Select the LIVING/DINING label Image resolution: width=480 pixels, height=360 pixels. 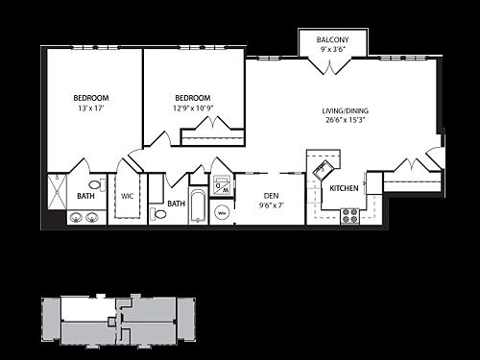pos(345,111)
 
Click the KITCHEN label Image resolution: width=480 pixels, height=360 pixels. pos(344,188)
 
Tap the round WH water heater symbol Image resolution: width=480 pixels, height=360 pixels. pos(222,212)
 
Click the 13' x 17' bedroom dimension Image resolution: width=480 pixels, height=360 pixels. pos(90,109)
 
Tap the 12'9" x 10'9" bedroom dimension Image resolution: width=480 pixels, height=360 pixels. pos(193,109)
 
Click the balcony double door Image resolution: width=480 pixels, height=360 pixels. pos(331,66)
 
